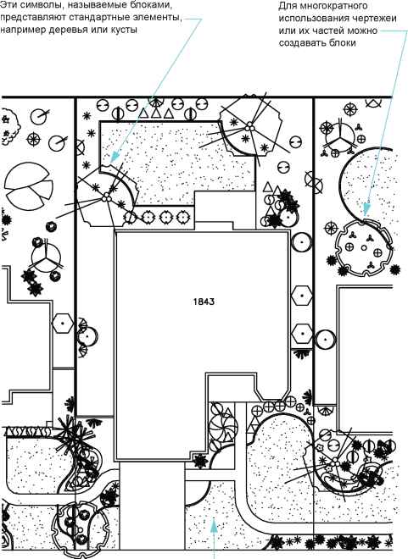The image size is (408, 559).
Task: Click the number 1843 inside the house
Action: point(204,302)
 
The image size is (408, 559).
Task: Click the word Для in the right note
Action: point(287,7)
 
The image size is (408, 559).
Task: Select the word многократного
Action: point(333,7)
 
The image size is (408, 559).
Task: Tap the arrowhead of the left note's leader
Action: point(115,157)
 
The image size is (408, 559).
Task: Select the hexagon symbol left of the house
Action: point(63,324)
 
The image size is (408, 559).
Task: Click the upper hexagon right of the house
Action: point(302,296)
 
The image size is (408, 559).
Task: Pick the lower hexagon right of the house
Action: point(302,334)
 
